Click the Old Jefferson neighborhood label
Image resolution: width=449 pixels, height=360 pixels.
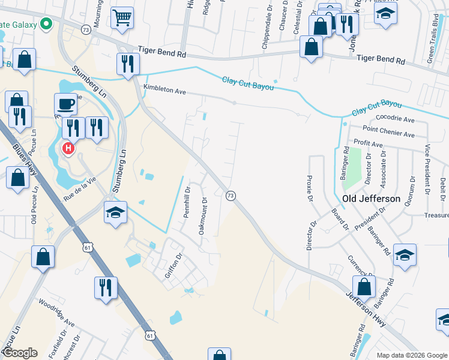pos(371,199)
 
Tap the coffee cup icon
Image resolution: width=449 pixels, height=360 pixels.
pos(65,104)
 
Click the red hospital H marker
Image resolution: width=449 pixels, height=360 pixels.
pos(68,148)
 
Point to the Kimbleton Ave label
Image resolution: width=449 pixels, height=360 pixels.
pos(164,92)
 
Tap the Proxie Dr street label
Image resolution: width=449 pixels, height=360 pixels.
pos(310,188)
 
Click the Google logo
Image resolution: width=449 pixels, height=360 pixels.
pos(20,353)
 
